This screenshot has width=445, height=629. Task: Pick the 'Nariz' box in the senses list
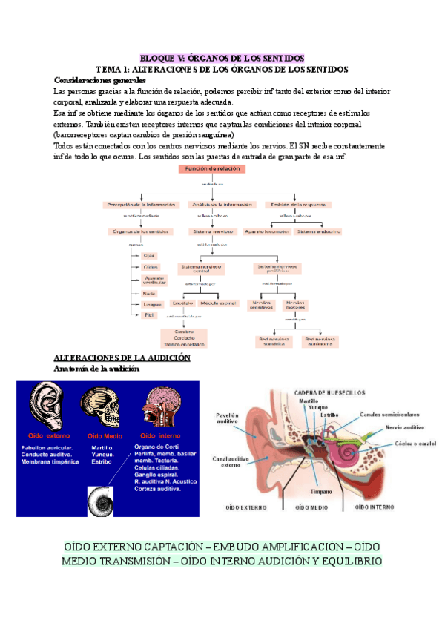click(x=149, y=294)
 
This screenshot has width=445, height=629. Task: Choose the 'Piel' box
click(x=148, y=315)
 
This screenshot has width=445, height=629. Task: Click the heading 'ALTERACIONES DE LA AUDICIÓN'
click(x=122, y=358)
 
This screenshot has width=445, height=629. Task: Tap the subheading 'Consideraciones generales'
click(x=99, y=80)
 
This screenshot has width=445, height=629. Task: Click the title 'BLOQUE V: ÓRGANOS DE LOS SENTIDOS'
click(x=222, y=58)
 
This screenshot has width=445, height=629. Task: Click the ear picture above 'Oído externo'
click(x=47, y=406)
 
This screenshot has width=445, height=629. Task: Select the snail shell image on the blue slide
click(x=101, y=501)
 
